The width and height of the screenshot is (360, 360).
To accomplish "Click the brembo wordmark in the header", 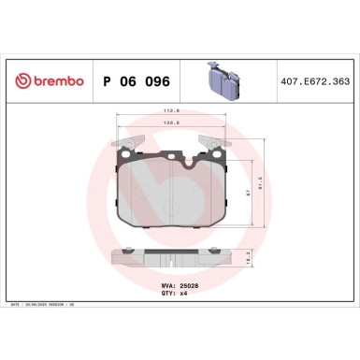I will tap(54, 81).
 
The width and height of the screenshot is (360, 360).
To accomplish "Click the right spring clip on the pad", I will tap(221, 147).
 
